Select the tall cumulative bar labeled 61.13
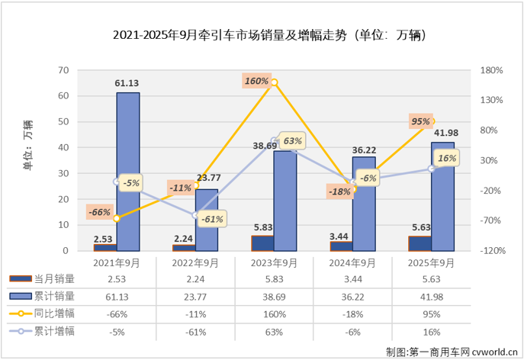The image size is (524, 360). [127, 172]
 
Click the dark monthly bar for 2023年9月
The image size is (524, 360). [262, 243]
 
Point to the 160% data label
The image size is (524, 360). [256, 81]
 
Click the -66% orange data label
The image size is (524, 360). [99, 212]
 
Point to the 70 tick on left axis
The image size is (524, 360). [63, 70]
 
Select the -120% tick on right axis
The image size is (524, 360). [490, 251]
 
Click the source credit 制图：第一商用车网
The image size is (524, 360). [451, 351]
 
